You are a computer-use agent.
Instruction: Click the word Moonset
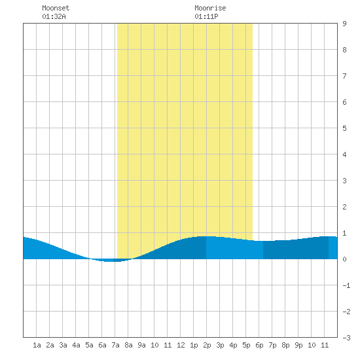[56, 8]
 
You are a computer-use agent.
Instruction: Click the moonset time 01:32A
[54, 16]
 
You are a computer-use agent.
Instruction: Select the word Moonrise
[210, 8]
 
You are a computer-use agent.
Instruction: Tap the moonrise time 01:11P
[206, 16]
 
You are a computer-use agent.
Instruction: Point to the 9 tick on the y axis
[344, 24]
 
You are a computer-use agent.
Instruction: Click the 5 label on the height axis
[344, 128]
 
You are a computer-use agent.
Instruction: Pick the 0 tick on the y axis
[344, 259]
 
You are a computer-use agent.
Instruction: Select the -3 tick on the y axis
[346, 338]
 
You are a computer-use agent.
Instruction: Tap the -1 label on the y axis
[346, 285]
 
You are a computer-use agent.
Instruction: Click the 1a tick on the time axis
[37, 345]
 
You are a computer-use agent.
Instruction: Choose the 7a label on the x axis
[115, 345]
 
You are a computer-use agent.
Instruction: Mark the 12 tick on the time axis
[181, 345]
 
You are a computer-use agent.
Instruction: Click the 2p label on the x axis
[207, 345]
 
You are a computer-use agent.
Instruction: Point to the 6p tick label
[259, 345]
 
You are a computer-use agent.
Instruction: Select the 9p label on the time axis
[298, 345]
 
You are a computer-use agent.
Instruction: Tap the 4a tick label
[76, 345]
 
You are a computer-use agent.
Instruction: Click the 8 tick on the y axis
[344, 50]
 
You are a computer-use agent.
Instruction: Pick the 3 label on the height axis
[344, 181]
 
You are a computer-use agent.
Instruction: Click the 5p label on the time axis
[246, 345]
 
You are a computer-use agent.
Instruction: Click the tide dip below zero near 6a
[110, 260]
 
